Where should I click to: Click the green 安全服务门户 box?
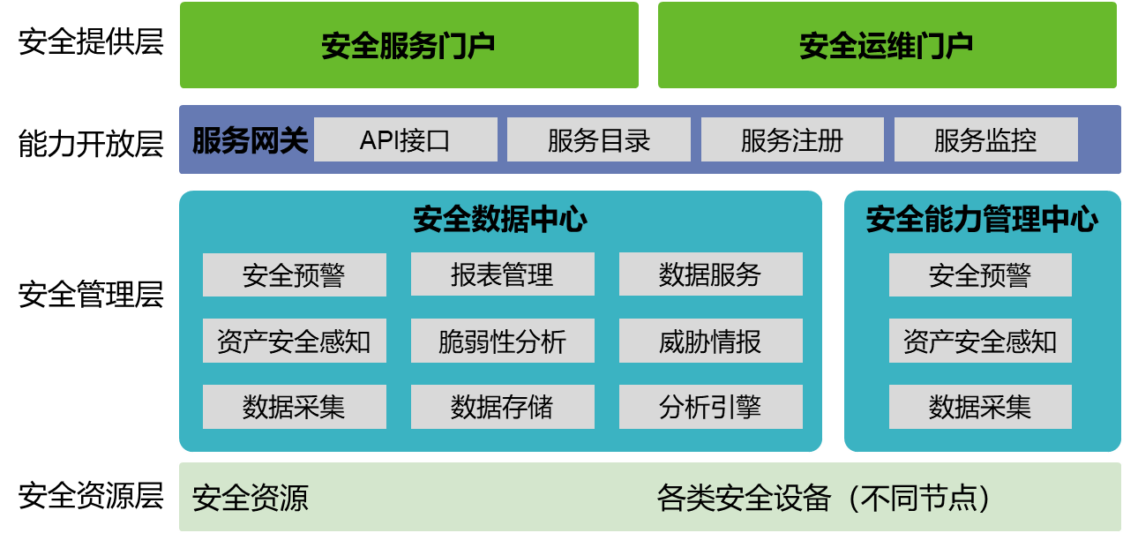click(408, 45)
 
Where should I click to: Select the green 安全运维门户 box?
click(886, 45)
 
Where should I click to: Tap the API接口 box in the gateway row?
click(405, 140)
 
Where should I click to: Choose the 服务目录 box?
click(599, 140)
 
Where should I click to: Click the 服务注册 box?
click(792, 140)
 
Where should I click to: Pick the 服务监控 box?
click(985, 140)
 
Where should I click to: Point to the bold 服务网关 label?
click(250, 140)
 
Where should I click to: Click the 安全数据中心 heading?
click(500, 220)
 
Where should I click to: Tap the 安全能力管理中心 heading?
click(982, 220)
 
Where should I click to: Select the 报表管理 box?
click(502, 275)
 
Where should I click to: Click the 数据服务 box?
click(710, 275)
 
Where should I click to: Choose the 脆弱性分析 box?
click(502, 342)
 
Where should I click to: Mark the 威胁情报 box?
click(710, 342)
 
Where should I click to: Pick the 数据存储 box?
click(502, 407)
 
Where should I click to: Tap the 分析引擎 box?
click(710, 407)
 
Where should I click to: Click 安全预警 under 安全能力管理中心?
click(980, 275)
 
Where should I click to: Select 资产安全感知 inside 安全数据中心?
click(294, 342)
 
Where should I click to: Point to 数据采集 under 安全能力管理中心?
click(980, 407)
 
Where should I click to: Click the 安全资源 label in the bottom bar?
click(251, 499)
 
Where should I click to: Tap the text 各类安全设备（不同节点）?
click(824, 499)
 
